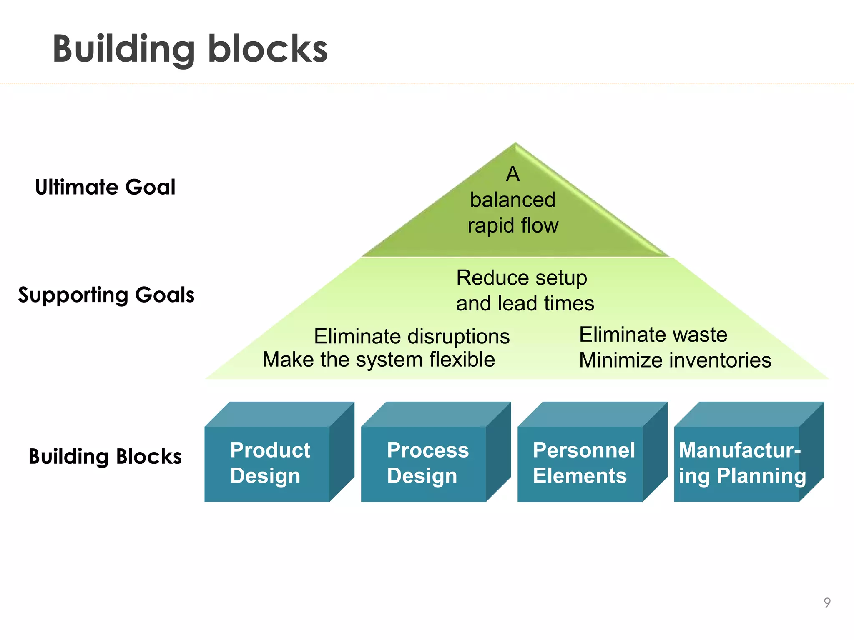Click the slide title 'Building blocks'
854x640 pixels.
click(190, 49)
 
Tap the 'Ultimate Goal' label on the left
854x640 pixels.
click(105, 187)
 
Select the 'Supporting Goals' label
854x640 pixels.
click(106, 295)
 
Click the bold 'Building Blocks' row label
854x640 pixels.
click(105, 456)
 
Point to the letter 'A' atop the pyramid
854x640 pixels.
click(513, 174)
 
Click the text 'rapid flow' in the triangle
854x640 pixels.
click(512, 225)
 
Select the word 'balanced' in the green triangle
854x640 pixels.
click(512, 200)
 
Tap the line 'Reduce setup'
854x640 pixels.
click(521, 278)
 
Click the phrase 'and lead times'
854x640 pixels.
click(525, 303)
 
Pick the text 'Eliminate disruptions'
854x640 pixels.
click(412, 336)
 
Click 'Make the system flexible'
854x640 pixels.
click(378, 360)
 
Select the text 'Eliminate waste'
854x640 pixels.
click(653, 335)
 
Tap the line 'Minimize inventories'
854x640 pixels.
click(675, 360)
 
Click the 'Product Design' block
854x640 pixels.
click(269, 462)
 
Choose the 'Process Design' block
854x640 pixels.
click(425, 462)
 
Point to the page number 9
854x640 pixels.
click(827, 603)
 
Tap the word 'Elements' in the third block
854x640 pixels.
click(580, 476)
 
